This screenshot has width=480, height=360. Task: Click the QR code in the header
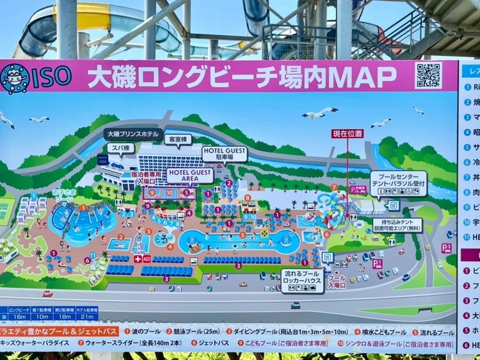[428, 75]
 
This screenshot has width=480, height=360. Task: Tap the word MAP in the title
[365, 77]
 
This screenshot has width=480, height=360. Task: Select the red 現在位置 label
[348, 134]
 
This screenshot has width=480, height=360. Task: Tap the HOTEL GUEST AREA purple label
[190, 176]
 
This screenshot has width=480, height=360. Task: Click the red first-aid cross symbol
[138, 259]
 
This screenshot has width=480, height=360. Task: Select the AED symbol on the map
[147, 259]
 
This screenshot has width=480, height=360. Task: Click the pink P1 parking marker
[377, 263]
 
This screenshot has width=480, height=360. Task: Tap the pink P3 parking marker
[447, 247]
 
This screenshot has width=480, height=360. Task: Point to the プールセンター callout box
[398, 179]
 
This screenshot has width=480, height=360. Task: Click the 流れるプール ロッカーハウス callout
[303, 280]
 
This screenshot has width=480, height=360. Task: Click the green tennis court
[5, 211]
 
